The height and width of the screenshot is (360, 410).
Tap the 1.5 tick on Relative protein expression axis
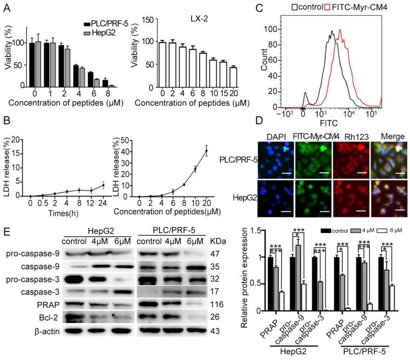point(256,231)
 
